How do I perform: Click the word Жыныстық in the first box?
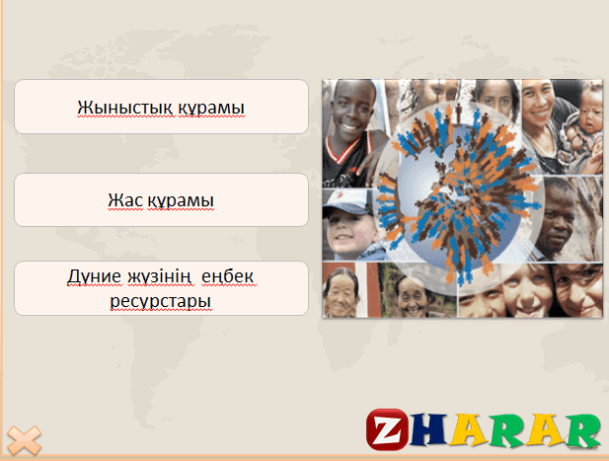point(124,108)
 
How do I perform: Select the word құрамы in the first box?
point(211,108)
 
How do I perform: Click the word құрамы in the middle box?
point(181,201)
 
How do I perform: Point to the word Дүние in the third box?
point(94,277)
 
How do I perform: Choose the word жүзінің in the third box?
point(159,277)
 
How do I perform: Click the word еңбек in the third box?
point(228,277)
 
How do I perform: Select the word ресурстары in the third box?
point(161,301)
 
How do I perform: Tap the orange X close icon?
point(24,440)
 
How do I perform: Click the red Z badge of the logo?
point(387,429)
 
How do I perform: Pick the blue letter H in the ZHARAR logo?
point(428,428)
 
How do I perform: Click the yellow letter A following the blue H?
point(469,428)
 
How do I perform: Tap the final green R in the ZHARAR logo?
point(582,429)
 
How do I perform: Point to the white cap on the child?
point(344,201)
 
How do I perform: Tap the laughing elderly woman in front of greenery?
point(412,296)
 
